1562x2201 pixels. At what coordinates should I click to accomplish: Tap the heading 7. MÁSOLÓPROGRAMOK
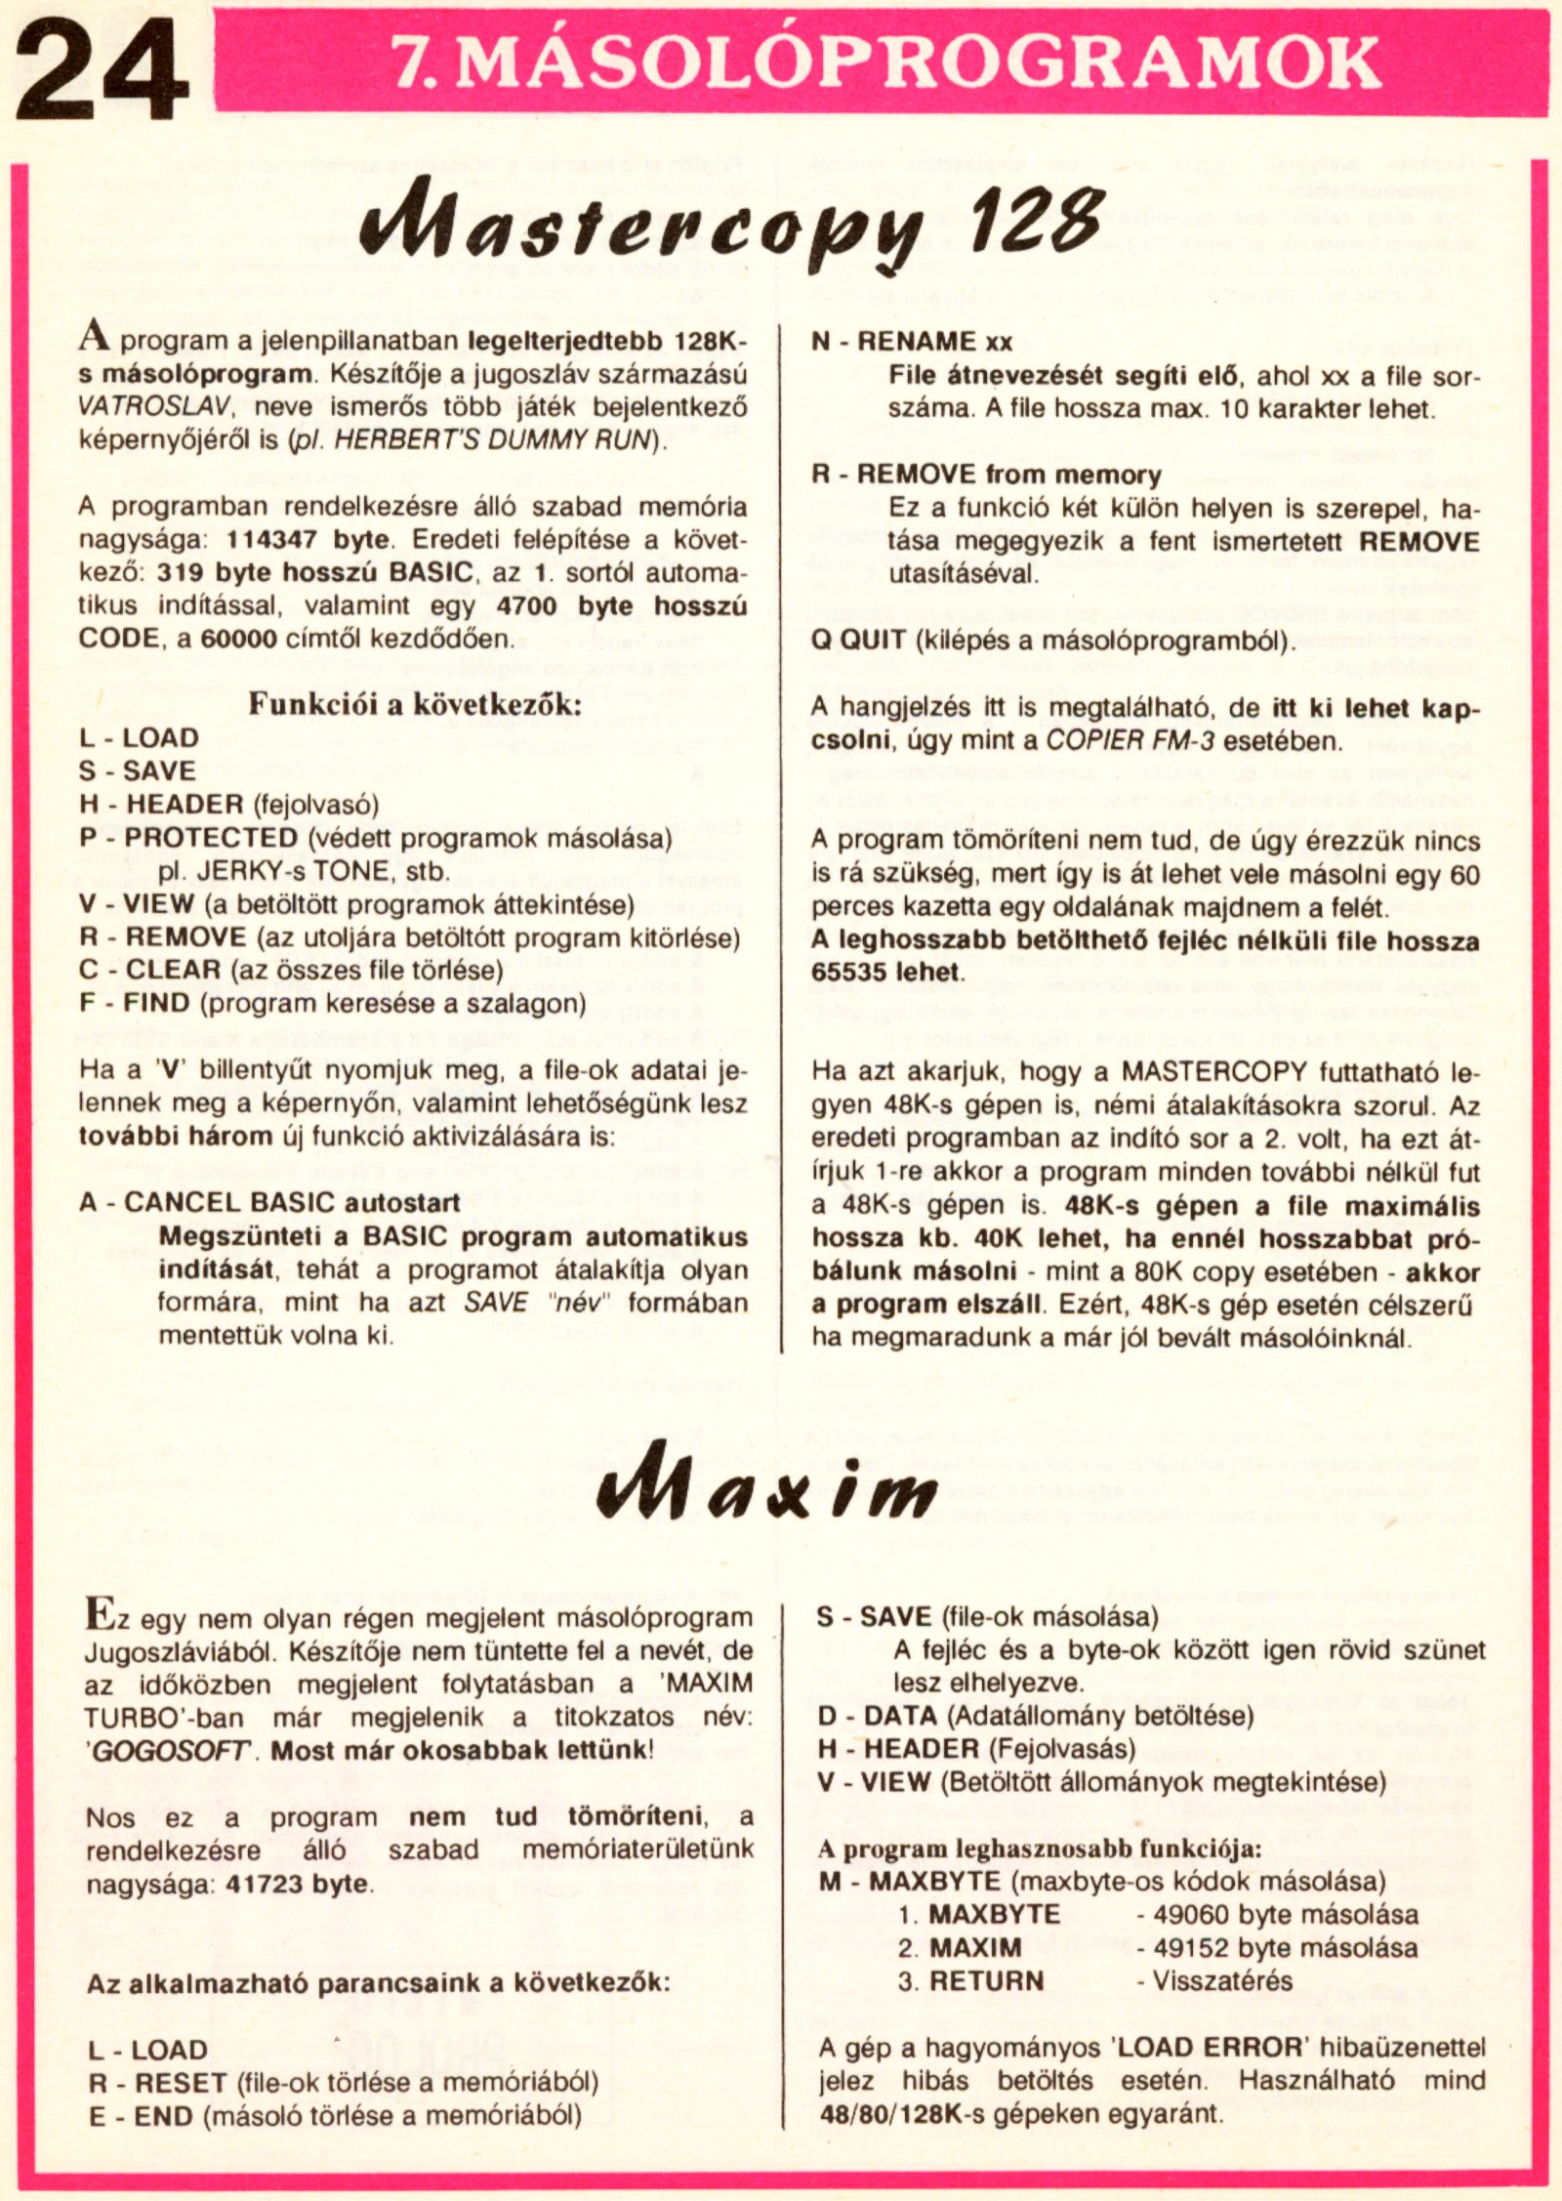pos(885,62)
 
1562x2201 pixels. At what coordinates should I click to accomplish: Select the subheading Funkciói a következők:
pos(414,704)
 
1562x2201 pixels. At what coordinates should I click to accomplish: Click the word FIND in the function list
pos(158,1003)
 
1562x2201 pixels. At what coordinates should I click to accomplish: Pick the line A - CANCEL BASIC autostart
pos(269,1202)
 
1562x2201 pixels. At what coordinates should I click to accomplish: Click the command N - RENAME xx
pos(913,341)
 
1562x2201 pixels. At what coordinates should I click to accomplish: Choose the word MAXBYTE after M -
pos(935,1881)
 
